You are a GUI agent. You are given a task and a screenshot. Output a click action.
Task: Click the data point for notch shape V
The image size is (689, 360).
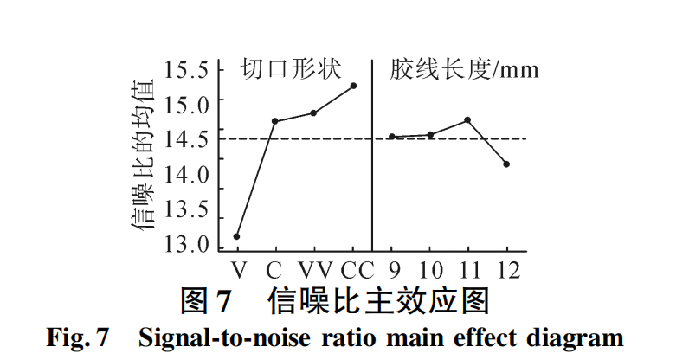tap(236, 236)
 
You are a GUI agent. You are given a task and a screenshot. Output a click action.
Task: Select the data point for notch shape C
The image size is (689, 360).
tap(274, 121)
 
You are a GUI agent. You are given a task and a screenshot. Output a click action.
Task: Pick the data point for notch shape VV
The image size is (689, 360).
tap(312, 112)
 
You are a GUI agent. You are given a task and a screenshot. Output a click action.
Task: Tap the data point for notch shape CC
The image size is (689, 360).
tap(353, 86)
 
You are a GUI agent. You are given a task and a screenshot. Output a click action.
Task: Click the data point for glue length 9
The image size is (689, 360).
tap(391, 137)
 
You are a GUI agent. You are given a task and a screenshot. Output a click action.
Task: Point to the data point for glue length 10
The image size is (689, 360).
tap(430, 134)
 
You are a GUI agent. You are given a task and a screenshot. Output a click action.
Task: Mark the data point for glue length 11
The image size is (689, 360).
tap(467, 119)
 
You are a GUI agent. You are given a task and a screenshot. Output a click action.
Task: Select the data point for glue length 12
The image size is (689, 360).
tap(506, 164)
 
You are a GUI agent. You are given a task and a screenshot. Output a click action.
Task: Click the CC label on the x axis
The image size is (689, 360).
tap(357, 269)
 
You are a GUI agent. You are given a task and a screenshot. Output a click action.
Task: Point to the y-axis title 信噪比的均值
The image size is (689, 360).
tap(144, 156)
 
